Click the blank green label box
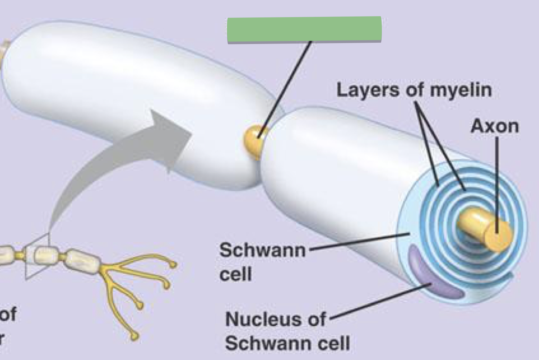pos(304,29)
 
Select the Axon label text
pos(495,127)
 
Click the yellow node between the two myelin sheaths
pos(254,138)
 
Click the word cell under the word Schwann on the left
pos(235,275)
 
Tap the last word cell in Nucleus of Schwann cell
pos(329,344)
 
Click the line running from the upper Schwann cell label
pos(358,241)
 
